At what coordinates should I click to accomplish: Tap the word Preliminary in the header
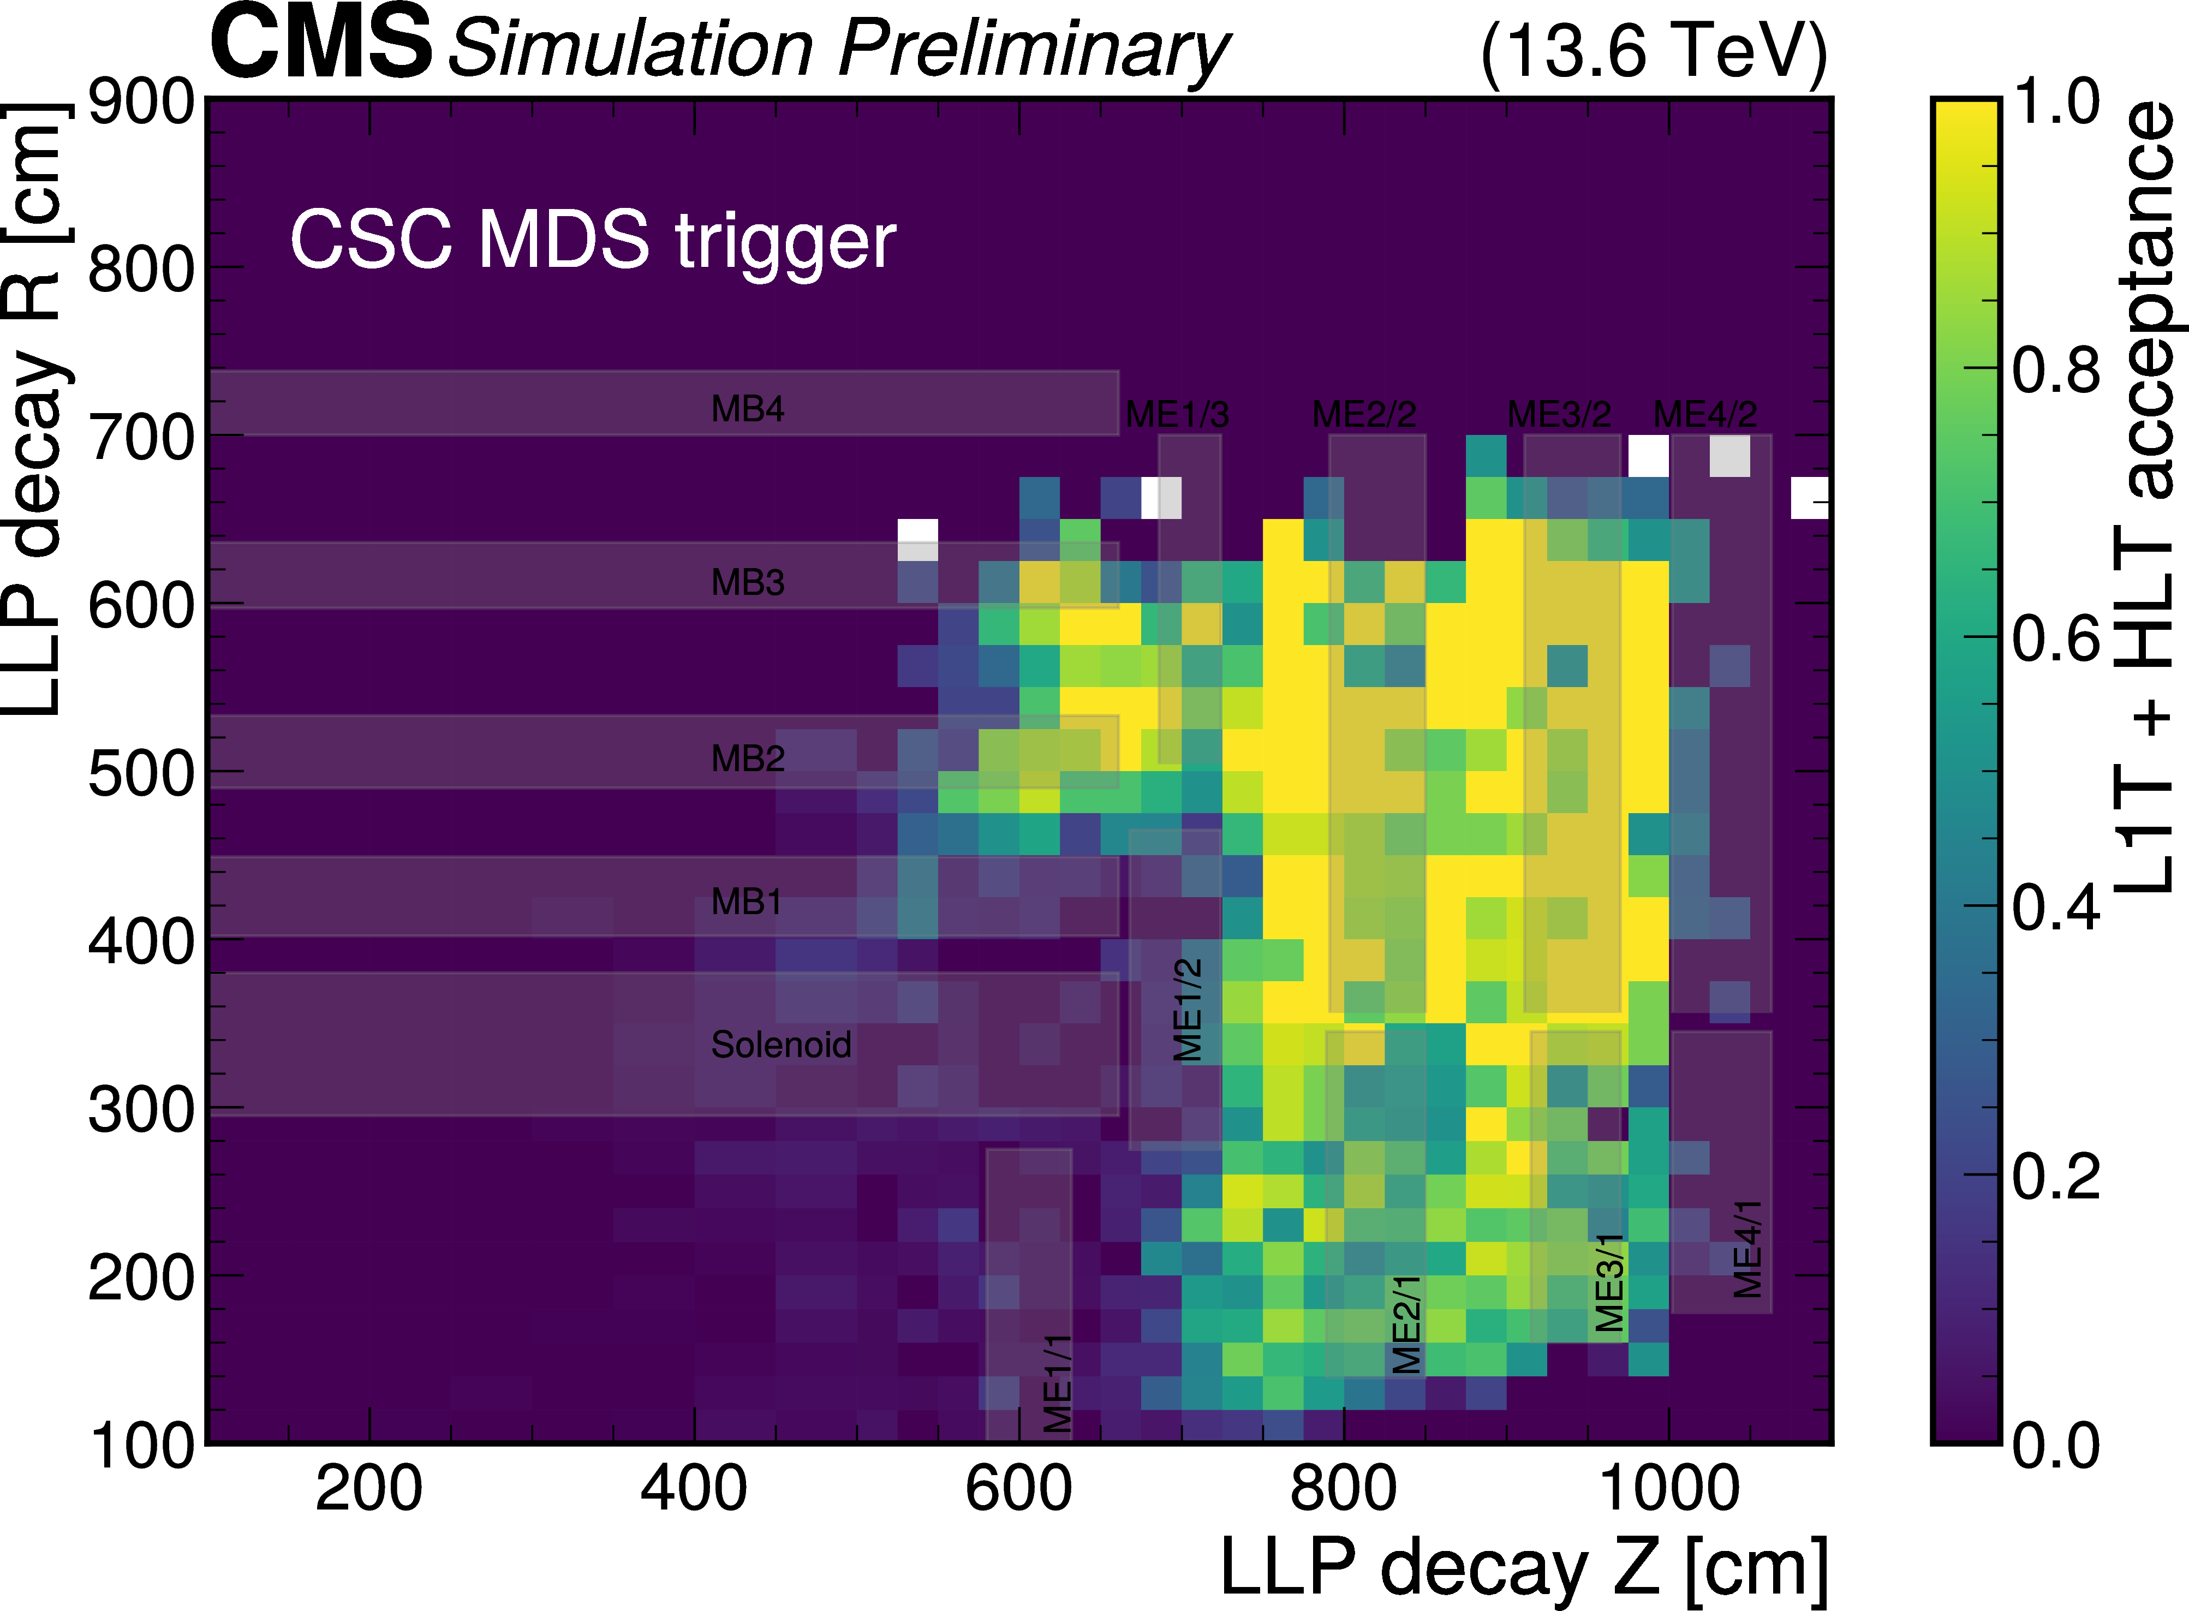point(1034,49)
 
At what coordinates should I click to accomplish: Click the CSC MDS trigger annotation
point(593,241)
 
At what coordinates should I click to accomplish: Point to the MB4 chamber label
point(748,409)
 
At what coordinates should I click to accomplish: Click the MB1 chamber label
point(747,901)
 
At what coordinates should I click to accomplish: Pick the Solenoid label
point(781,1045)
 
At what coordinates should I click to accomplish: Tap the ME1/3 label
point(1177,414)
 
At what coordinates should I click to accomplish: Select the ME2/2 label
point(1364,414)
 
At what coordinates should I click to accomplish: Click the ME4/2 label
point(1705,414)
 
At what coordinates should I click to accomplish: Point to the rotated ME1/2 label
point(1188,1009)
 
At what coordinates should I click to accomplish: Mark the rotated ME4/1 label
point(1747,1249)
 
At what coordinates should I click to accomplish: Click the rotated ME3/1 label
point(1610,1282)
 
